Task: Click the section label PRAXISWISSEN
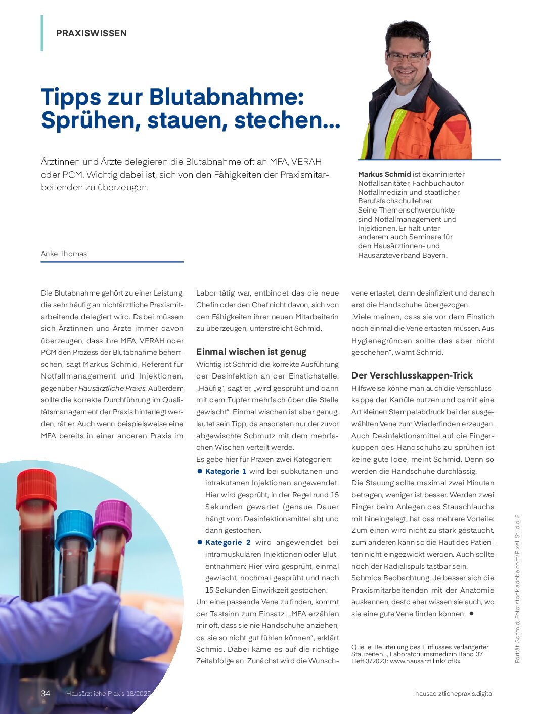tap(92, 33)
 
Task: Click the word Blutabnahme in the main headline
tap(227, 97)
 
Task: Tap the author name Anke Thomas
tap(64, 254)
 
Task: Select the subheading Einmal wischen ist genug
tap(251, 352)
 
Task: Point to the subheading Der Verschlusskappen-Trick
tap(412, 375)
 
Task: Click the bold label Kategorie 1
tap(226, 471)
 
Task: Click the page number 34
tap(46, 693)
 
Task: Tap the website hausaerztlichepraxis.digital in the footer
tap(454, 693)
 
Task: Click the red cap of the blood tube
tap(36, 488)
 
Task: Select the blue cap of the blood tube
tap(74, 528)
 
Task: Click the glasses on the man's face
tap(407, 56)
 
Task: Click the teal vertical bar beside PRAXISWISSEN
tap(42, 33)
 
